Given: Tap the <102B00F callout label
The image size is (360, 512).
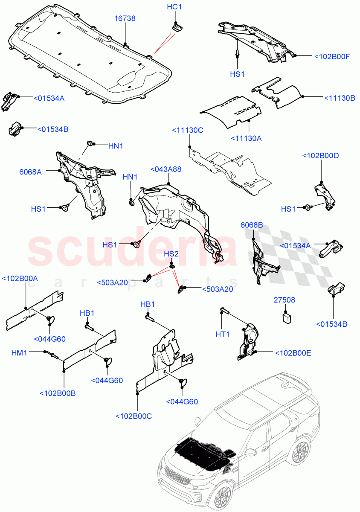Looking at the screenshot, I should (x=331, y=56).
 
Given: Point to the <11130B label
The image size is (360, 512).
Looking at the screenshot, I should (x=340, y=98).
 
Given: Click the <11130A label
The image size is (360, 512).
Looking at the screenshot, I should (x=246, y=138).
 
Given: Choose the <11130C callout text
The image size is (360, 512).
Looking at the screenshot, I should (x=188, y=130).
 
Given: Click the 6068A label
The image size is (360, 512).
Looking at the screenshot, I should (x=30, y=172).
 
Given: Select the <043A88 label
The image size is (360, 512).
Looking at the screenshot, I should (x=166, y=169).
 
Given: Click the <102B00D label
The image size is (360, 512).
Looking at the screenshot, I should (x=320, y=156).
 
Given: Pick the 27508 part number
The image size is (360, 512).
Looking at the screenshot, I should (x=284, y=300).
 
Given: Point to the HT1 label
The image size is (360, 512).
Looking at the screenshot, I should (x=223, y=335).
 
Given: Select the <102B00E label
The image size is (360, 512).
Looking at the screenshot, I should (x=293, y=353).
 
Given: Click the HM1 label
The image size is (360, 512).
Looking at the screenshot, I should (x=19, y=352).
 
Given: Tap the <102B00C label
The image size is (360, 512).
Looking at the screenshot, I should (x=134, y=416).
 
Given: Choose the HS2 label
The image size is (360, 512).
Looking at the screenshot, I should (x=171, y=254).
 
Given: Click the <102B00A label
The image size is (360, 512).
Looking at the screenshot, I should (x=20, y=279).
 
